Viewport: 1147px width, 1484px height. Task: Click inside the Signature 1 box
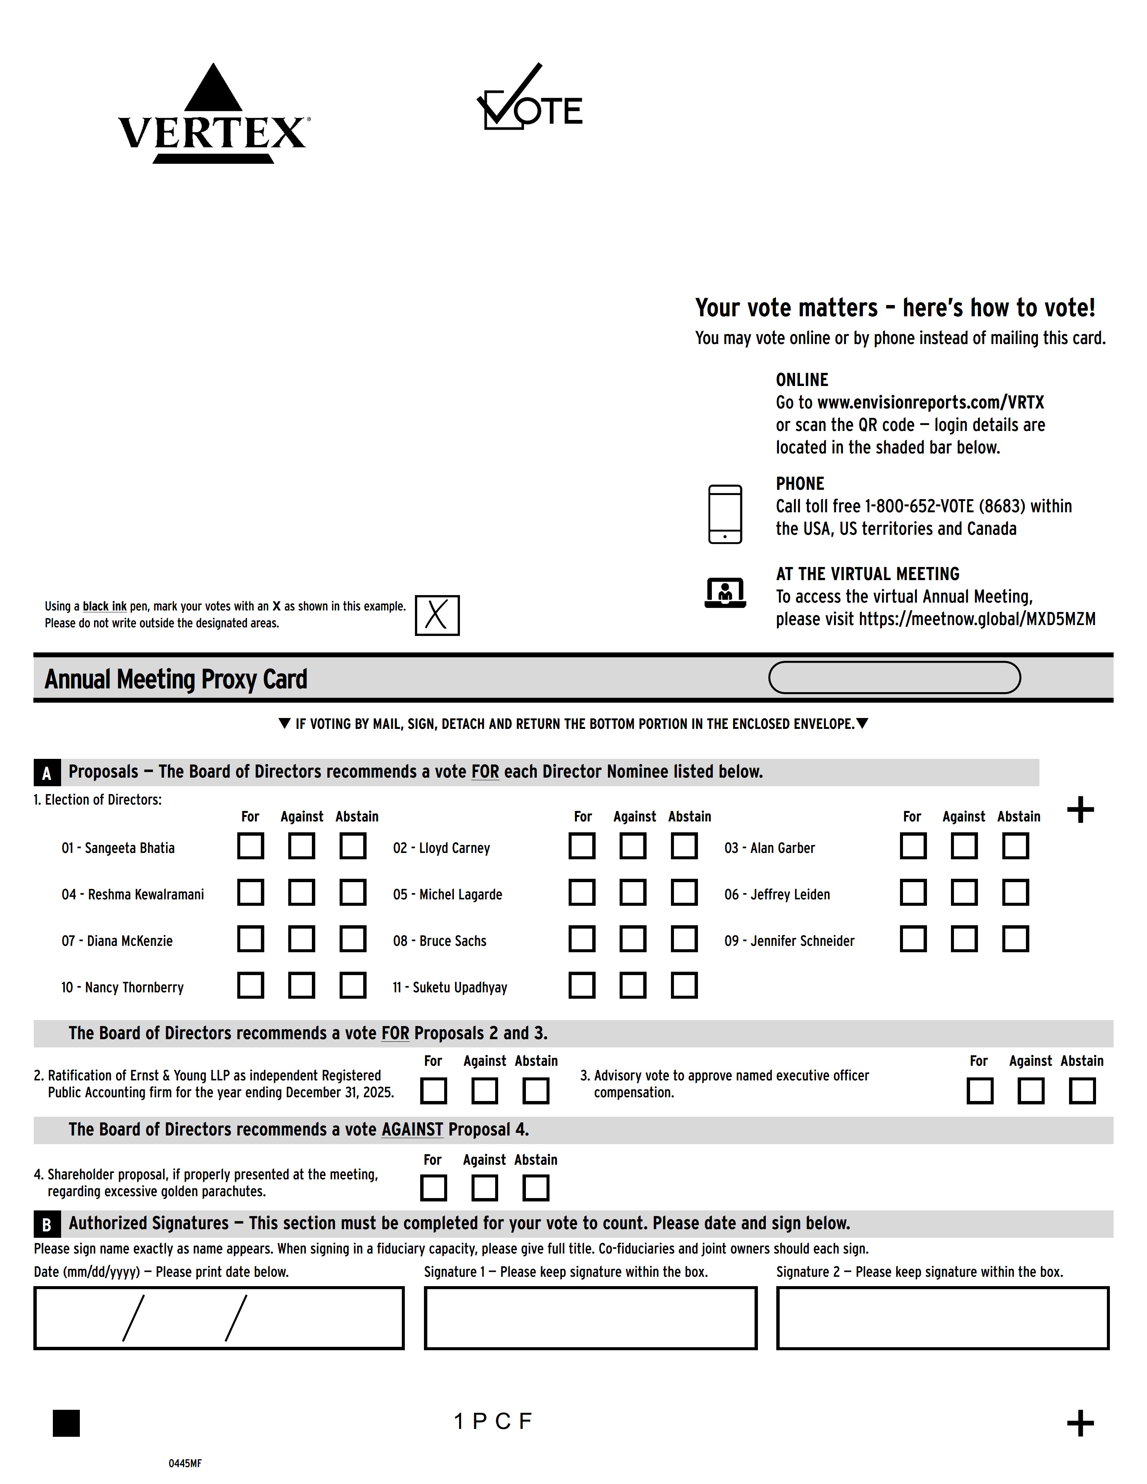click(590, 1318)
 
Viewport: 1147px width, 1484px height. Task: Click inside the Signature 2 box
click(942, 1318)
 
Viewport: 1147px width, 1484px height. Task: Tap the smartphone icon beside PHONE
click(725, 515)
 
